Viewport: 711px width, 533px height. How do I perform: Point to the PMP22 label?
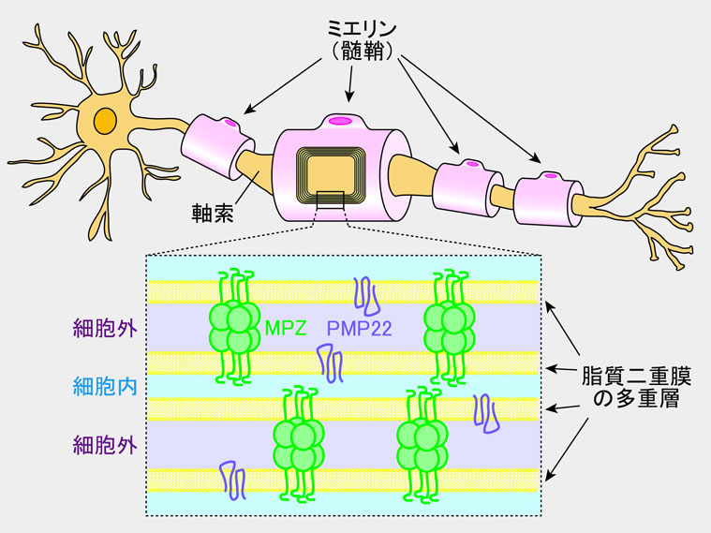tap(360, 328)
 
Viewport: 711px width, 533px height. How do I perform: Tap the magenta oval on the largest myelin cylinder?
tap(341, 119)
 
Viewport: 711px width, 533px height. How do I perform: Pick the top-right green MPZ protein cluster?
tap(450, 326)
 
